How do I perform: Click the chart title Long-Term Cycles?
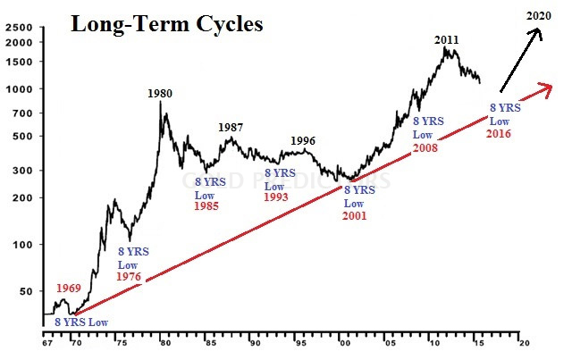(166, 24)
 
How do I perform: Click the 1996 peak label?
(302, 140)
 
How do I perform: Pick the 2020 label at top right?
(538, 15)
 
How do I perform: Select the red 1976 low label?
(130, 277)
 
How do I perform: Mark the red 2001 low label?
(359, 214)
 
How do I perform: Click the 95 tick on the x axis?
(299, 342)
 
